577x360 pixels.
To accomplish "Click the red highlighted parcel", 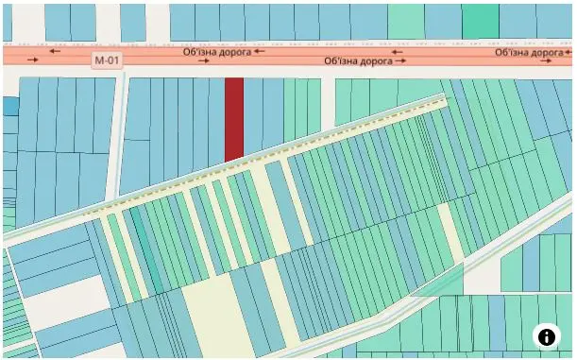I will tap(234, 118).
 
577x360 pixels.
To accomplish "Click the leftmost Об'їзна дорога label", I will tap(216, 52).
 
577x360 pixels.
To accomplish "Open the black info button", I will tap(547, 335).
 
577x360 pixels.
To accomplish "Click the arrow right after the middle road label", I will tap(401, 60).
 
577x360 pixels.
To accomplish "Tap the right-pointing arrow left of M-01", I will tap(34, 60).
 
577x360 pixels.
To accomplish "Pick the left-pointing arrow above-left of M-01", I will tap(54, 51).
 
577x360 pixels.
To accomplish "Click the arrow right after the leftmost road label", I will tap(260, 52).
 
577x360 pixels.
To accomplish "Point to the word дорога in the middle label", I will tap(377, 60).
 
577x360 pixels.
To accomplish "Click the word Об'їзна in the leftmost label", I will tap(200, 52).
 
